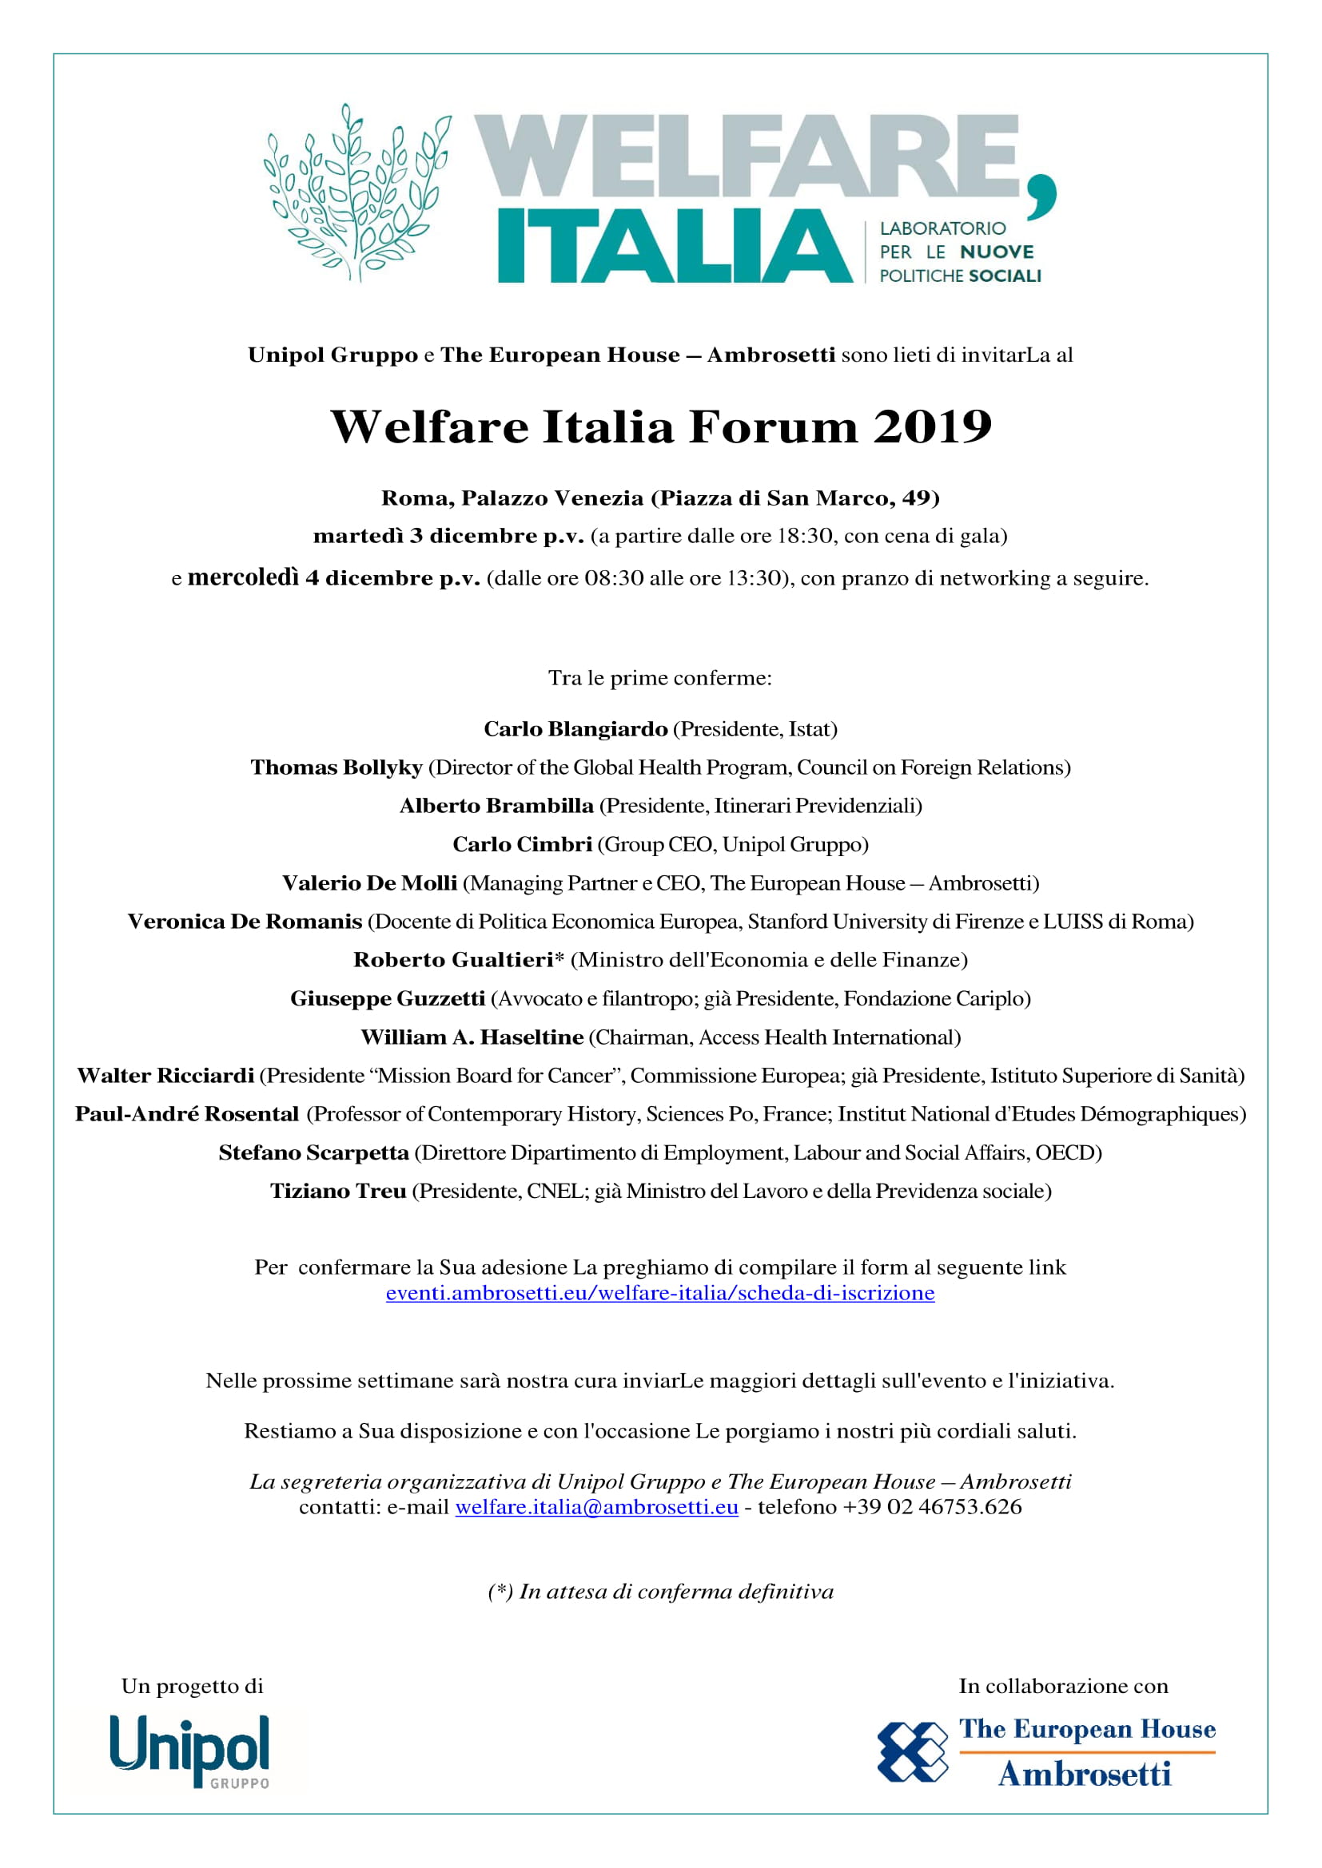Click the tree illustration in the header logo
point(356,192)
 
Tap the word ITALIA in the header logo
point(674,247)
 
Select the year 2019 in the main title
point(932,426)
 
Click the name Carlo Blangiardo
point(575,729)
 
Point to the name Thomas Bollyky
point(336,767)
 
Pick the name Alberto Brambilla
point(496,806)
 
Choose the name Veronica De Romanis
point(245,921)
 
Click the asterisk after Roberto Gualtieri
point(559,958)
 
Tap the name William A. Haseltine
point(472,1037)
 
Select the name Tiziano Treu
point(338,1191)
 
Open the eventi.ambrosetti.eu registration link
point(660,1293)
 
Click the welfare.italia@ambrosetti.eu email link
point(597,1507)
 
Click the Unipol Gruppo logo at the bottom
point(189,1751)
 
